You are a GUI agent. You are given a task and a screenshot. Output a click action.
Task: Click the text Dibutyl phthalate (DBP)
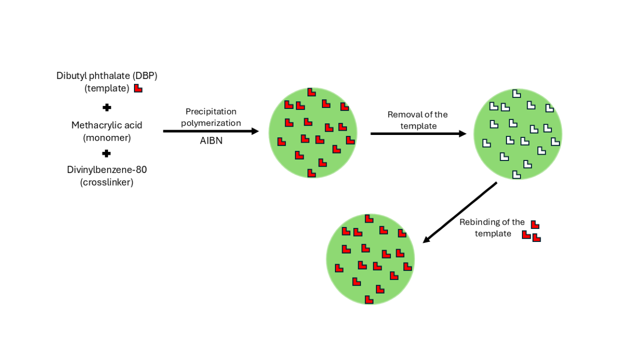point(107,76)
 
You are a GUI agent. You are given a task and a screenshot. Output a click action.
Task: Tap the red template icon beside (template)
point(138,88)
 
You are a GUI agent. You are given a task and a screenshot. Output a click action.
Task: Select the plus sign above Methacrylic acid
point(107,107)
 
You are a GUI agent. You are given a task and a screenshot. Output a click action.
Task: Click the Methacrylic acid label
point(107,125)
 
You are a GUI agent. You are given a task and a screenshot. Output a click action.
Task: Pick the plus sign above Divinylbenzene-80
point(107,154)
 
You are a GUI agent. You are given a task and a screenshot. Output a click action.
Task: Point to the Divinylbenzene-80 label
point(107,170)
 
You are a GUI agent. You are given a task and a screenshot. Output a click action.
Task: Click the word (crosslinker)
point(107,183)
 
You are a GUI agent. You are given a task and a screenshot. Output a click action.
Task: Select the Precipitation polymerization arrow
point(211,131)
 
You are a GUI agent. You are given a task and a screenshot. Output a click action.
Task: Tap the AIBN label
point(211,141)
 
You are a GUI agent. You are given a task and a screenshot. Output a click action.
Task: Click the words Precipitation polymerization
point(211,117)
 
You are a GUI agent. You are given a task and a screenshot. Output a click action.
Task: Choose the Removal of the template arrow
point(418,133)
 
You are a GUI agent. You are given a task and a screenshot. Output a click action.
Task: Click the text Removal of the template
point(418,120)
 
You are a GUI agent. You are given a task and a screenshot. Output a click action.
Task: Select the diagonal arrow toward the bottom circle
point(460,212)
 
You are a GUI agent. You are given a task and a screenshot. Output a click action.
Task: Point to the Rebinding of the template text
point(492,228)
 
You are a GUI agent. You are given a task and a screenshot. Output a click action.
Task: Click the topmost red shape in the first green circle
point(311,92)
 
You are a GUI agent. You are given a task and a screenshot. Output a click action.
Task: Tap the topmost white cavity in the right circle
point(516,93)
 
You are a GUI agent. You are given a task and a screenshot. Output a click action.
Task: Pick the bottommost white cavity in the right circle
point(516,174)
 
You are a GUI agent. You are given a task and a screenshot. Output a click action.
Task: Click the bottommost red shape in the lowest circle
point(369,300)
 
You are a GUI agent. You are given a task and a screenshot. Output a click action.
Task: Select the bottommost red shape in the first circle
point(311,173)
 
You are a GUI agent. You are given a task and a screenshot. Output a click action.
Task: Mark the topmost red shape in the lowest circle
point(369,218)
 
